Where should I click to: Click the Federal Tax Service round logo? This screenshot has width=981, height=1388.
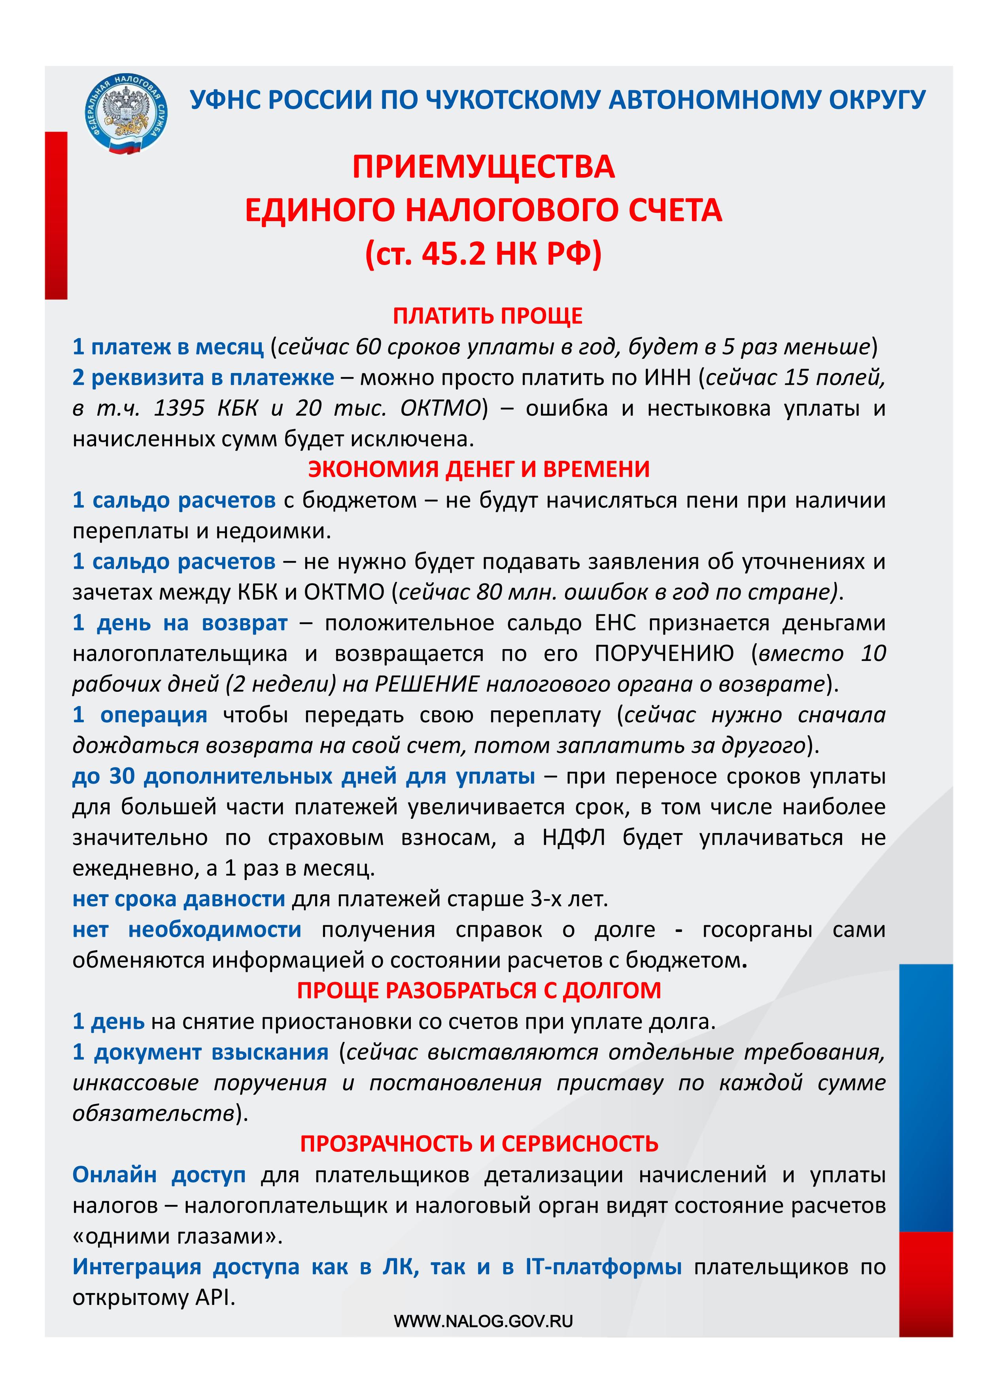pyautogui.click(x=126, y=114)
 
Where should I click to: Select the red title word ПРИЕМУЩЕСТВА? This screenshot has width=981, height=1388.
pyautogui.click(x=484, y=167)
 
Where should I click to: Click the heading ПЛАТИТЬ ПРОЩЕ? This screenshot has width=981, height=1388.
pyautogui.click(x=488, y=316)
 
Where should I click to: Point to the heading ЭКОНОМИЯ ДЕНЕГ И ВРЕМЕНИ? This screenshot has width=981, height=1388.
pyautogui.click(x=479, y=469)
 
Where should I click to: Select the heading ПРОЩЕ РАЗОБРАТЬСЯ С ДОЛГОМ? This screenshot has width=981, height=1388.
pyautogui.click(x=479, y=990)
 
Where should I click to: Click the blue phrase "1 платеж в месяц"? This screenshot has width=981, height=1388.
pyautogui.click(x=168, y=347)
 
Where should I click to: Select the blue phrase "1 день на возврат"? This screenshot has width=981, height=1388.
pyautogui.click(x=180, y=623)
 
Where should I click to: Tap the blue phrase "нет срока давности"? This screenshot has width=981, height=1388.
pyautogui.click(x=178, y=899)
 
